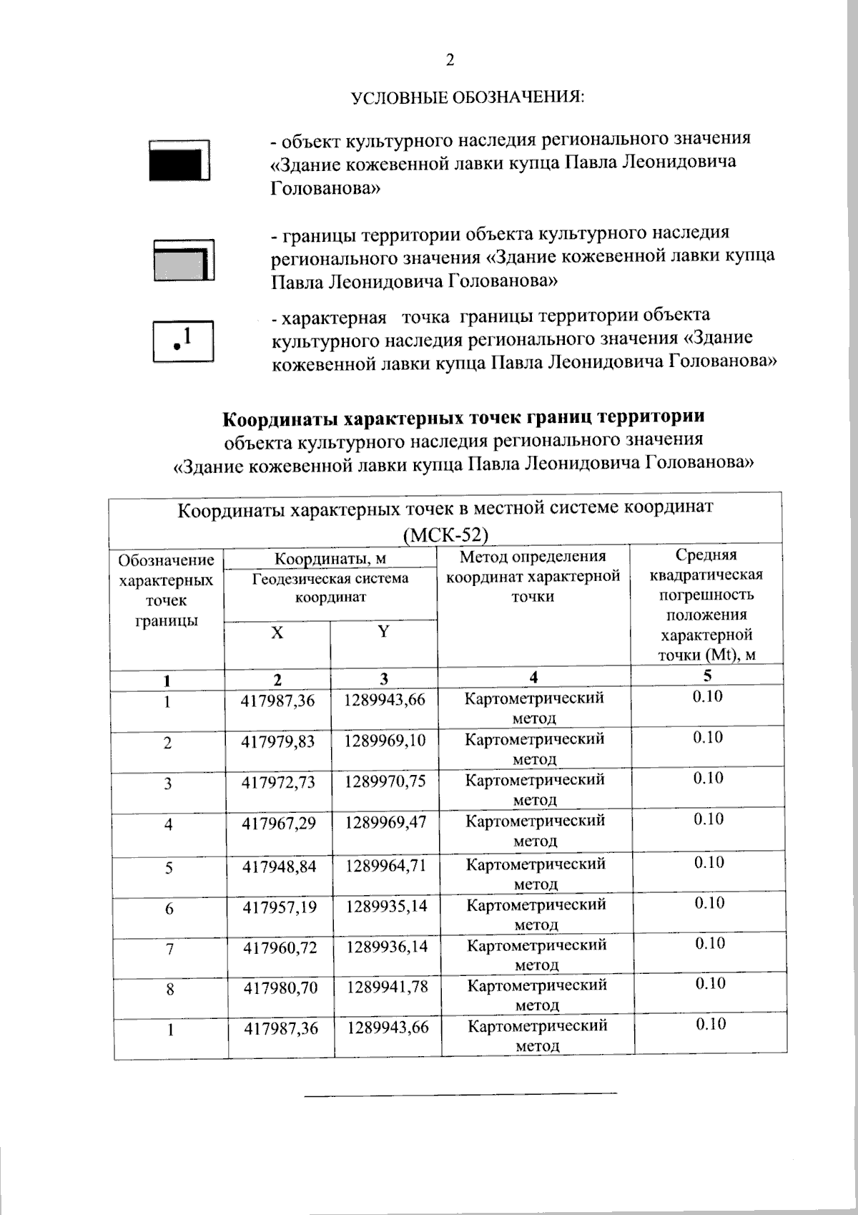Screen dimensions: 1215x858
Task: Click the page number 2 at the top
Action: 450,60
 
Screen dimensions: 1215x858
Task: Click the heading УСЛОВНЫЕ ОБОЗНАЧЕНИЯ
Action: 468,97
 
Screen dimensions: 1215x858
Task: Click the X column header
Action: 277,633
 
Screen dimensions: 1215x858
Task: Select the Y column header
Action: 383,632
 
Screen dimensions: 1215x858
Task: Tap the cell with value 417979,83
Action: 278,742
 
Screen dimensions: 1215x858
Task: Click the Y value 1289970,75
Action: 385,781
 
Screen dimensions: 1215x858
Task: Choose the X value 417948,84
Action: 279,867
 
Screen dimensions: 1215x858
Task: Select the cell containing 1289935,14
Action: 387,907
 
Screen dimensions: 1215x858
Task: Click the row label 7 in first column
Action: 169,950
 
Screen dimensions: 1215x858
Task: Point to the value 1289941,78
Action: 388,988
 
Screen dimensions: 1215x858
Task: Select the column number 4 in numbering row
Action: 533,677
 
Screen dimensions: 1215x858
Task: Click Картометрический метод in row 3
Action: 535,789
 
